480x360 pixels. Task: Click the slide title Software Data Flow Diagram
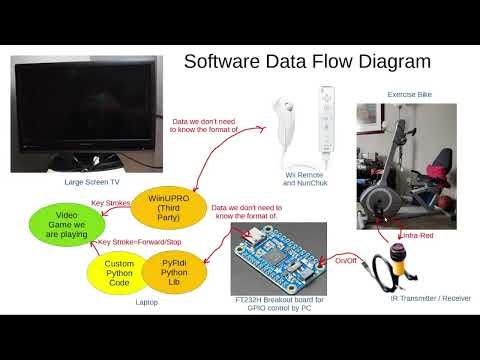click(x=307, y=62)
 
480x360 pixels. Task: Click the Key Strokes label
click(x=111, y=203)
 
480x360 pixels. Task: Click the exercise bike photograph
click(x=406, y=165)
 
